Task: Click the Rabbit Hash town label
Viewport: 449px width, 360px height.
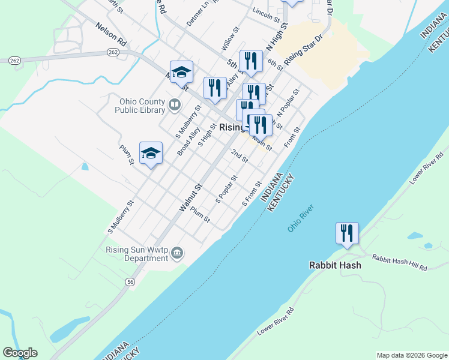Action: (335, 265)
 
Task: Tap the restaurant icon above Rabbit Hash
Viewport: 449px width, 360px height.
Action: (347, 233)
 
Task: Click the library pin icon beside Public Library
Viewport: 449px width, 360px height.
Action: (175, 106)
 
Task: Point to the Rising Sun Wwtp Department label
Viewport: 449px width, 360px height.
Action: (137, 254)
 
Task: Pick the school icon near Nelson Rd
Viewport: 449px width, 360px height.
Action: (181, 72)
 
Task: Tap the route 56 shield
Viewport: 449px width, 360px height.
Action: (129, 281)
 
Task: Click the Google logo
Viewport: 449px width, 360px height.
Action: (20, 353)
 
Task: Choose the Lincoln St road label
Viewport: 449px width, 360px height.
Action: (267, 12)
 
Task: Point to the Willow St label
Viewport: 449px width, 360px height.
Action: (231, 37)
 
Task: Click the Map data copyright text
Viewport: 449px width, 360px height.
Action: (411, 355)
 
